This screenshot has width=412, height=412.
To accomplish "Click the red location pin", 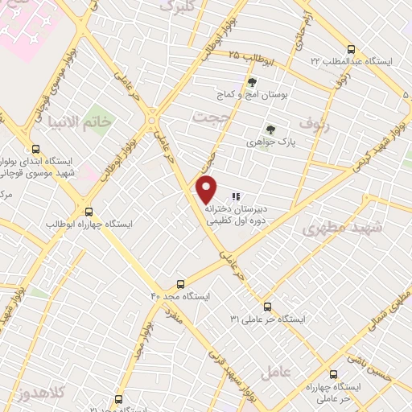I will tap(208, 188).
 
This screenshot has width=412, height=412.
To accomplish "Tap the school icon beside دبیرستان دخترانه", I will tap(236, 196).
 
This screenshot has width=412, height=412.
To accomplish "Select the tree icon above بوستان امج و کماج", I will tap(252, 82).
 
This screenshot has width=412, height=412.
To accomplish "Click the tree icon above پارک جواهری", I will tap(270, 129).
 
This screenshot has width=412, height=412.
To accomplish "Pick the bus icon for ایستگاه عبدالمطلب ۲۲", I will tap(350, 49).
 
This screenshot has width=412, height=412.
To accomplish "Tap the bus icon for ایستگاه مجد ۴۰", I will tap(179, 284).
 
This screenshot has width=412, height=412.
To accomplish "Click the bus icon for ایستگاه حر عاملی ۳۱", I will tap(268, 307).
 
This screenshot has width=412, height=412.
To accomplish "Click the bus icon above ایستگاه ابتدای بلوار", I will tap(35, 149).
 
